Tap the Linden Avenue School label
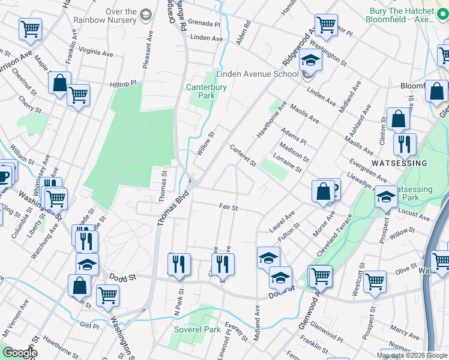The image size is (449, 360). tap(257, 74)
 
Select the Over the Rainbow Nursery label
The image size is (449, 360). tap(105, 16)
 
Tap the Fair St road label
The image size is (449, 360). tap(229, 208)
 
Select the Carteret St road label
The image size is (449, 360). tap(243, 155)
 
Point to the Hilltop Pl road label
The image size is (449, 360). tap(122, 85)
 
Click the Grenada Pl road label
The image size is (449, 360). tap(205, 24)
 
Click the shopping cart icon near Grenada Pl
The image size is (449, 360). tap(325, 25)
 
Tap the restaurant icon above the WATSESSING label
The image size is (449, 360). tap(404, 143)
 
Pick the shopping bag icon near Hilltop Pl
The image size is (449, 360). tap(59, 83)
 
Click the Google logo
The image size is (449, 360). tap(20, 353)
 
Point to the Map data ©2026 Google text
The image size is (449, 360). tap(411, 355)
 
